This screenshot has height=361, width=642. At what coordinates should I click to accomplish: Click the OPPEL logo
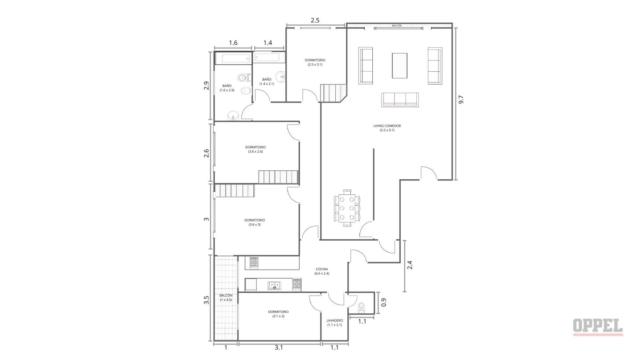[598, 327]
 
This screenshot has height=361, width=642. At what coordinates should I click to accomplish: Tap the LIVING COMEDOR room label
[387, 128]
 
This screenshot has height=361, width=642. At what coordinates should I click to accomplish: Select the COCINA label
[321, 271]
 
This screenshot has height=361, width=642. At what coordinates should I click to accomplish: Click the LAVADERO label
[334, 323]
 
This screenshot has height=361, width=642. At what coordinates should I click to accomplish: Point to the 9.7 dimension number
[461, 99]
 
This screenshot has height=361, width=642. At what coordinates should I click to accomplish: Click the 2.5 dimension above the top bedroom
[315, 21]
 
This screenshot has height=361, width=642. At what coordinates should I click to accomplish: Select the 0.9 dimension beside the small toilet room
[384, 302]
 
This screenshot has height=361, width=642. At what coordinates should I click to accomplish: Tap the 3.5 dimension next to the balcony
[206, 300]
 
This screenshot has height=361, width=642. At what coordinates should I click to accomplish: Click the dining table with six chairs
[347, 208]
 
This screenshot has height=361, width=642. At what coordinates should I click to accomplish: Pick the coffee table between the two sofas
[399, 66]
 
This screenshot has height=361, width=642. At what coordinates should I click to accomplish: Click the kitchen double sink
[274, 285]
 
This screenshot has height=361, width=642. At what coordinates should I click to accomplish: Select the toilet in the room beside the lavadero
[362, 307]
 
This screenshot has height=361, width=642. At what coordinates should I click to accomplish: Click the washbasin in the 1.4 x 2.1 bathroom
[280, 77]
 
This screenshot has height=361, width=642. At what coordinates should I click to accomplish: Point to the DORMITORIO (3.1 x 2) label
[278, 314]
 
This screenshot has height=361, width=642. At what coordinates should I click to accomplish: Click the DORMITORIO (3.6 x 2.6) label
[255, 149]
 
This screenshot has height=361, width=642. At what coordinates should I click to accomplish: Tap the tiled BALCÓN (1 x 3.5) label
[226, 297]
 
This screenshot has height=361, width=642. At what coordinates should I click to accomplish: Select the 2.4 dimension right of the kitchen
[410, 265]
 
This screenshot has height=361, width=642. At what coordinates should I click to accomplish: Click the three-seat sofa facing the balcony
[400, 100]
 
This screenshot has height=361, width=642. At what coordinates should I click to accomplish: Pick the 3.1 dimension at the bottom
[279, 348]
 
